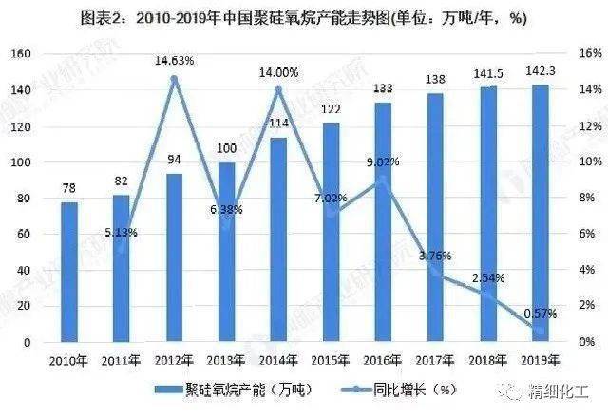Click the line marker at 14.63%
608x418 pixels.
pos(174,79)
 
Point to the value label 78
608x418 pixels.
pos(69,188)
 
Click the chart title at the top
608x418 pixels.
pos(304,17)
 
